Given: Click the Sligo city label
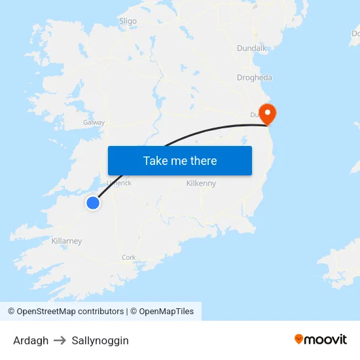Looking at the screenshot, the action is [x=128, y=21].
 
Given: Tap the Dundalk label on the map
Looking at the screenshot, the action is [x=252, y=48].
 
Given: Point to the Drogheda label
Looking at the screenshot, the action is [x=255, y=77].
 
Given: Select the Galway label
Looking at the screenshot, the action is [x=94, y=122].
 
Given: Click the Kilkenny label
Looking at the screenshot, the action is [x=201, y=183].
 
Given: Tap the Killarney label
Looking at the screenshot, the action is [x=67, y=241].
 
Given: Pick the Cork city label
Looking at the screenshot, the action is [x=129, y=257].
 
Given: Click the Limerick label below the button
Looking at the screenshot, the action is [x=119, y=183].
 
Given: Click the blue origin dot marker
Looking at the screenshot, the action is [x=93, y=203].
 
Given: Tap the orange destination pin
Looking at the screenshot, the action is [x=268, y=113].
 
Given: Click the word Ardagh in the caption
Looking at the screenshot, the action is [x=31, y=340].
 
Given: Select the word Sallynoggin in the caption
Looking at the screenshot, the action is [x=100, y=340].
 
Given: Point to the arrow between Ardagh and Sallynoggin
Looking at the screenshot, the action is [x=60, y=340].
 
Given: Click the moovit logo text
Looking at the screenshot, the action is [x=326, y=339].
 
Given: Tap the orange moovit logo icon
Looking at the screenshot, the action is [x=299, y=339].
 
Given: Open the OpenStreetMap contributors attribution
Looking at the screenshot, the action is [x=66, y=312].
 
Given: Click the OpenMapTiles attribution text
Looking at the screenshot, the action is [x=166, y=312].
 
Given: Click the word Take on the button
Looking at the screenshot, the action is [x=156, y=160].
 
